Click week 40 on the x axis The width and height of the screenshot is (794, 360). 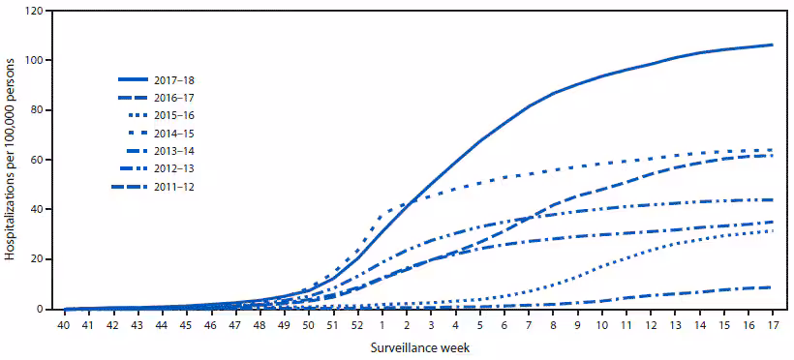(x=65, y=324)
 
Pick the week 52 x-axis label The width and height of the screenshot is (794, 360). (x=358, y=324)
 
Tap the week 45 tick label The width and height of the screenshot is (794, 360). (x=187, y=324)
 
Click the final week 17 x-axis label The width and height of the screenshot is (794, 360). (x=772, y=324)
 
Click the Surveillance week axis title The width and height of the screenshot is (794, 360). (x=417, y=347)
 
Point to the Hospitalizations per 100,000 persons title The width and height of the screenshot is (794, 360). (x=11, y=161)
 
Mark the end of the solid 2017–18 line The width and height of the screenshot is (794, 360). (x=772, y=45)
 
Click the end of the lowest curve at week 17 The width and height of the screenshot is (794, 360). (x=772, y=286)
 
